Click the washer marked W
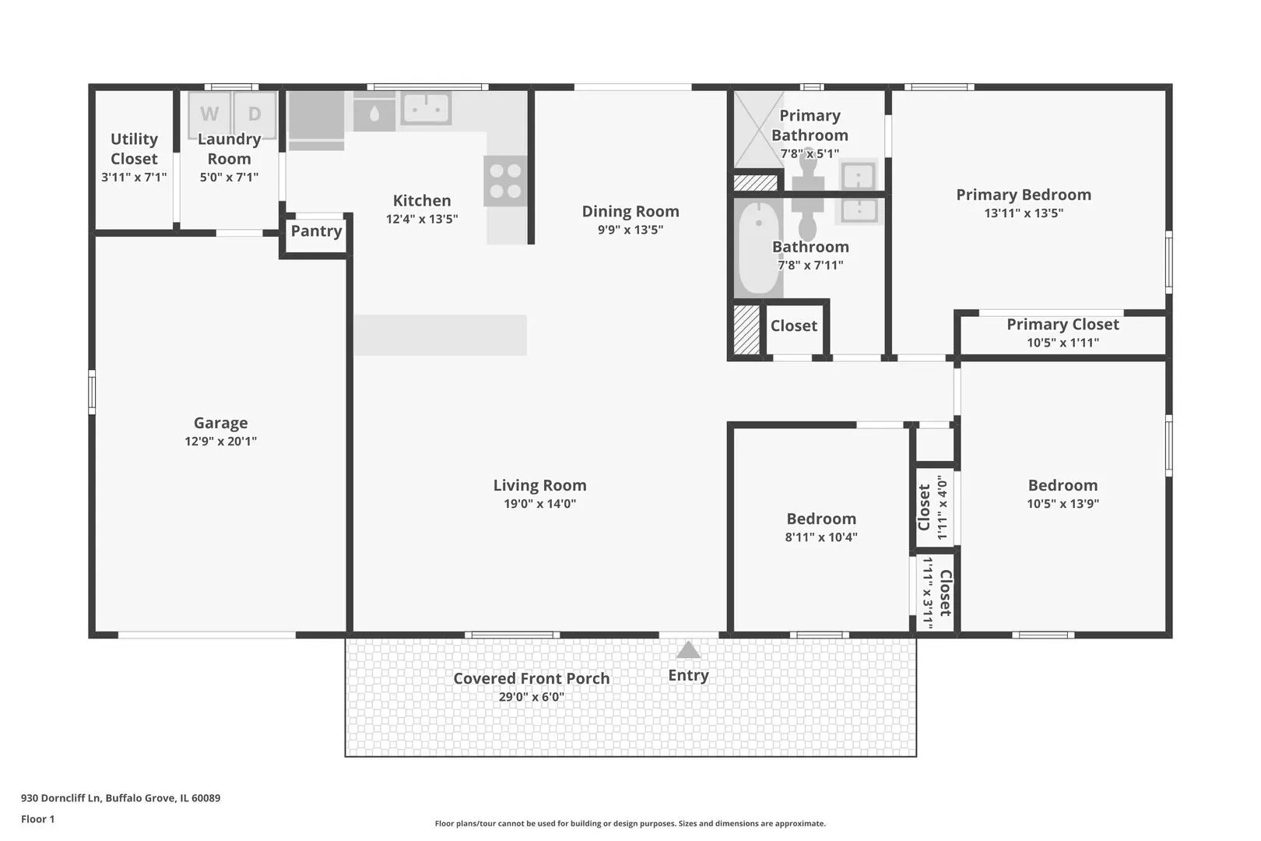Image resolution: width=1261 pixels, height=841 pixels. tap(209, 114)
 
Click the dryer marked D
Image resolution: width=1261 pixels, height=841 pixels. tap(255, 114)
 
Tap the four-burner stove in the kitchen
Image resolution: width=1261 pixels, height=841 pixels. tap(505, 181)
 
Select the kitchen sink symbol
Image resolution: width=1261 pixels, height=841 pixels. tap(426, 108)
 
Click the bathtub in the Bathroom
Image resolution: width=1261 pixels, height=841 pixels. tap(758, 248)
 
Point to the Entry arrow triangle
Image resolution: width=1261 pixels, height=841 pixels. tap(688, 650)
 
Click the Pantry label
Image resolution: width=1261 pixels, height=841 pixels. tap(316, 231)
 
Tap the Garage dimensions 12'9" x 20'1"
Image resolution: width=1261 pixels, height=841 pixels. tap(221, 441)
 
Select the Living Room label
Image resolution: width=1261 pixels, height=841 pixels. tap(540, 485)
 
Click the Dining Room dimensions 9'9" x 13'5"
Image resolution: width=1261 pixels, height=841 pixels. tap(630, 229)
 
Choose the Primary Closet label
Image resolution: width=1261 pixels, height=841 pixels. tap(1063, 325)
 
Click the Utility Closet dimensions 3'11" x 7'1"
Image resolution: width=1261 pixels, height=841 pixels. tap(134, 178)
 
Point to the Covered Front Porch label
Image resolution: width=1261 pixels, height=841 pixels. tap(532, 678)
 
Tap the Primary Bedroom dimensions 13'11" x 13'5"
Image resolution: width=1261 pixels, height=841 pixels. tap(1024, 213)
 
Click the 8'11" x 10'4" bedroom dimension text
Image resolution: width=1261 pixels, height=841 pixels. tap(821, 537)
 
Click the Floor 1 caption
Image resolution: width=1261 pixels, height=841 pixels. tap(37, 819)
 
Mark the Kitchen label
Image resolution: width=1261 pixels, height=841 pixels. tap(422, 201)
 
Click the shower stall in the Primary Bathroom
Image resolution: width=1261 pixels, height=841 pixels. tap(758, 129)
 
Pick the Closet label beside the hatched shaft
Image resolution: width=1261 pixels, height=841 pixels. tap(794, 325)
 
